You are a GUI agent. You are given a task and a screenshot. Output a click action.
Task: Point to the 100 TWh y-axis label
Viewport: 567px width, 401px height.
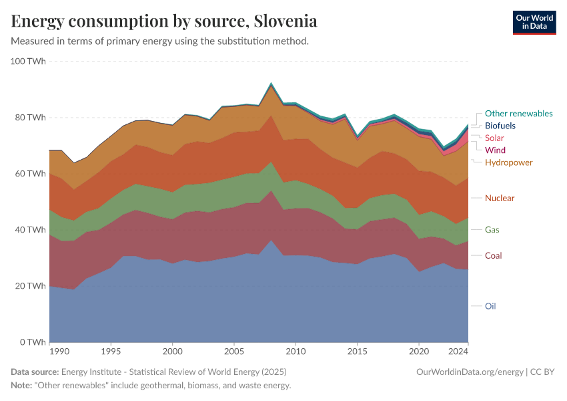click(28, 61)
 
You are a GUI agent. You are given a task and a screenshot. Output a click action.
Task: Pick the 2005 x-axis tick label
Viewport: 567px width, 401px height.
click(234, 351)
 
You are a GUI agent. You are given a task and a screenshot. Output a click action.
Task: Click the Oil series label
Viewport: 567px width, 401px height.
click(490, 306)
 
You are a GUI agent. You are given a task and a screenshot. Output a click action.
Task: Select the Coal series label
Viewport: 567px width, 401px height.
click(494, 255)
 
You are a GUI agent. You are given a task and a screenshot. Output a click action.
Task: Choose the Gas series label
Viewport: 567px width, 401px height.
click(492, 229)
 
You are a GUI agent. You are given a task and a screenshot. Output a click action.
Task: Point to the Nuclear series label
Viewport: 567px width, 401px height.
click(500, 198)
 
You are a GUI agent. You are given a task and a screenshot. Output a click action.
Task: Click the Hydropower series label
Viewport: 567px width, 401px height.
click(509, 162)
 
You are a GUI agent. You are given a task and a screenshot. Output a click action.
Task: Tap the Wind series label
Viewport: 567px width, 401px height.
click(495, 150)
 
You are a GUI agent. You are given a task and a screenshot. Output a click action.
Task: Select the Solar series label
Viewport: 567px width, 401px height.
click(495, 138)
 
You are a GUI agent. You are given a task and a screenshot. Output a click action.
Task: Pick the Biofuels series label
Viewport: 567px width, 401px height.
click(500, 126)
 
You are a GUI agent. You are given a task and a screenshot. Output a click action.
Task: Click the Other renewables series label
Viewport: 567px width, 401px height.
click(518, 114)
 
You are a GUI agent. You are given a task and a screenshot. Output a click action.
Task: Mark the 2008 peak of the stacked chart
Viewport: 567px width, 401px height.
click(271, 84)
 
